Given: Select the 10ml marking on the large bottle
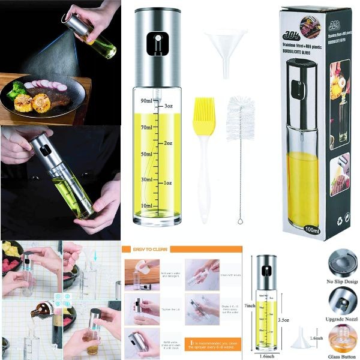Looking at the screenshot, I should pos(145,206).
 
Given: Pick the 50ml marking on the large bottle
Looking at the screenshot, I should pos(145,154).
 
